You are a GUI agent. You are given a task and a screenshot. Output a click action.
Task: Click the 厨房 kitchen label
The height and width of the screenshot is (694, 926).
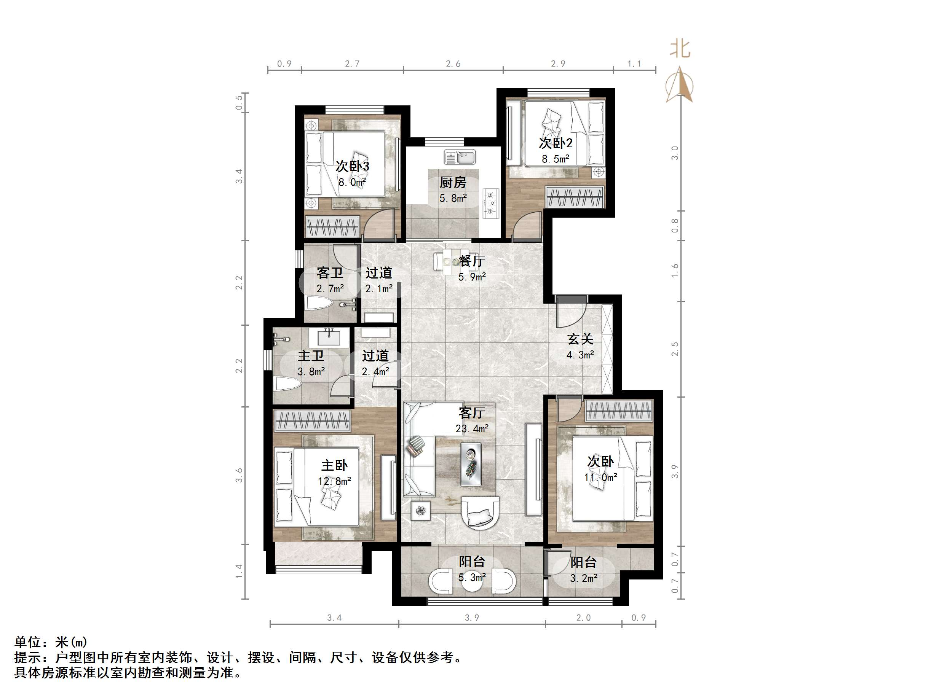tap(453, 182)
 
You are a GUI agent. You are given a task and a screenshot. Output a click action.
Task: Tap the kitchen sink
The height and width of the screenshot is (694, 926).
tap(460, 157)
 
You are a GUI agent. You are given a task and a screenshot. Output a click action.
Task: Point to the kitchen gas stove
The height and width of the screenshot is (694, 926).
tap(491, 204)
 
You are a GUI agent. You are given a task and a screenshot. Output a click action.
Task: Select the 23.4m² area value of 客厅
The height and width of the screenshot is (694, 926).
tap(472, 429)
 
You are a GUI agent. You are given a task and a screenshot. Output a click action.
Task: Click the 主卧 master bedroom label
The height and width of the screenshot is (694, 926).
tap(334, 465)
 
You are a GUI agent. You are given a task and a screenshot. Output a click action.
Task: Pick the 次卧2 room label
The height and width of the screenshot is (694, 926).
tap(556, 143)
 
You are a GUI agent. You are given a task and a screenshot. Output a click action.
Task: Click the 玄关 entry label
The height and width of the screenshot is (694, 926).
tap(580, 339)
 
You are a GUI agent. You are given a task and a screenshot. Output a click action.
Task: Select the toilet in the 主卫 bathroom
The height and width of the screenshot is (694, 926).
tap(288, 384)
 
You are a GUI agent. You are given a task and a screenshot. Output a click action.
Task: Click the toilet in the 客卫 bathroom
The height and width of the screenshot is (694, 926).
tap(319, 303)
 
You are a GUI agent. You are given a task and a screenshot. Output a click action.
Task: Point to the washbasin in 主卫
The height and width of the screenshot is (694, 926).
tap(329, 337)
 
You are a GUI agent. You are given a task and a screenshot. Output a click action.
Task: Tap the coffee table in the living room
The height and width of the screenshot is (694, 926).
tap(471, 464)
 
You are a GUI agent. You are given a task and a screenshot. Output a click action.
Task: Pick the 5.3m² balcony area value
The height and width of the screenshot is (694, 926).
tap(472, 578)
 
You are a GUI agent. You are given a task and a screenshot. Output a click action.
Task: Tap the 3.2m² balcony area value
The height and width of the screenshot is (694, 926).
tap(584, 579)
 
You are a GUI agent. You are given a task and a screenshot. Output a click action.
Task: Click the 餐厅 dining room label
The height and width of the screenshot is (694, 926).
tap(472, 261)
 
